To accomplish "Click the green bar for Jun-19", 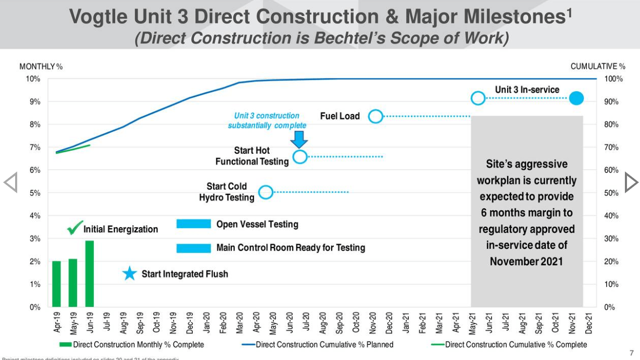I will pos(90,274).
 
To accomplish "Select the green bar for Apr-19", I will pos(56,284).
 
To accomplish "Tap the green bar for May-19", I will pos(73,283).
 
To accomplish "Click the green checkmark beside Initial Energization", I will pos(75,228).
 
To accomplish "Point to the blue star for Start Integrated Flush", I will pos(130,274).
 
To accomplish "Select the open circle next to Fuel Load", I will pos(375,116).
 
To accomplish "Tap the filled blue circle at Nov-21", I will pos(576,98).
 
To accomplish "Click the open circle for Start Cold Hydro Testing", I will pos(266,192).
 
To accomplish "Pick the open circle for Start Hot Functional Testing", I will pos(300,157).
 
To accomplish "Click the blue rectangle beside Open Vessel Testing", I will pos(193,224).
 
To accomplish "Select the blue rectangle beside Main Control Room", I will pos(193,248).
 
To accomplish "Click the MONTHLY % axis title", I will pos(41,67).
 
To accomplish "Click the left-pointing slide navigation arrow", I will pos(10,182).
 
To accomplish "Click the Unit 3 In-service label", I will pos(526,90).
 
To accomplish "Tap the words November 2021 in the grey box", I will pos(526,261).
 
